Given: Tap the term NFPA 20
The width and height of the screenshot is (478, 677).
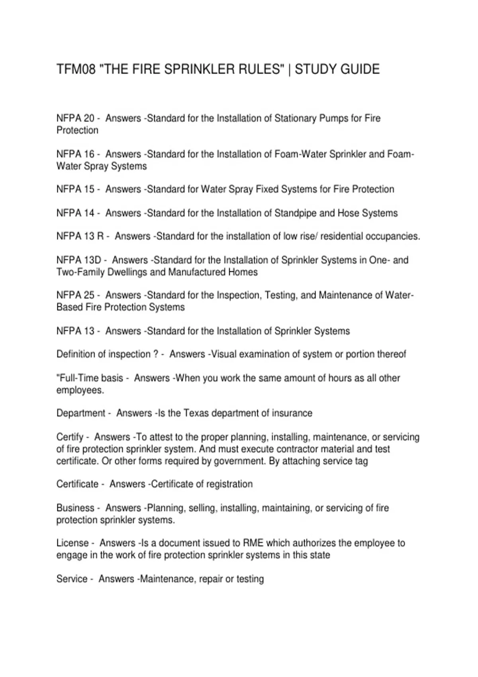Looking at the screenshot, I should [75, 118].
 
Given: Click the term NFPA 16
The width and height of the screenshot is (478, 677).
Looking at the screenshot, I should [75, 154].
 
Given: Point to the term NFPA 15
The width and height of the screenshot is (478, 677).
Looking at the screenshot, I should [75, 189].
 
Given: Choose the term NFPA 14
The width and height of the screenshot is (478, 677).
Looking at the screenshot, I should [75, 213].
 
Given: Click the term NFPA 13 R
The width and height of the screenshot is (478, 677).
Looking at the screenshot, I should [80, 236].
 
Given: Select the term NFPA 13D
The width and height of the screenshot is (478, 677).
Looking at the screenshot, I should [79, 260].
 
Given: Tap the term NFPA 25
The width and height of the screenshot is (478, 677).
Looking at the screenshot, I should [75, 295].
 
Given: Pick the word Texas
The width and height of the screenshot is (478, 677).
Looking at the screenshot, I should [196, 413].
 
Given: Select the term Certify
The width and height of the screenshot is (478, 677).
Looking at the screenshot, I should [70, 437].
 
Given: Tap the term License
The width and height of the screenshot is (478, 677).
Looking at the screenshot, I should [72, 543].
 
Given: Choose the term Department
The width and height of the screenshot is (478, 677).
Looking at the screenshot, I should [81, 413].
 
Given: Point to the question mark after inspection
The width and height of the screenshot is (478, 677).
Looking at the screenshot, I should [156, 354].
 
